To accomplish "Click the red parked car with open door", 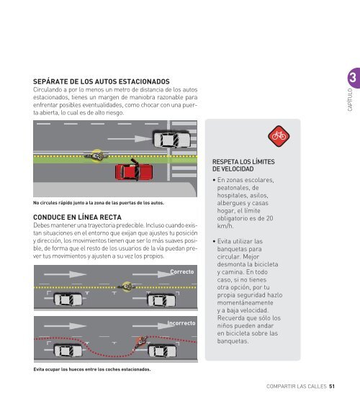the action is coord(134,171).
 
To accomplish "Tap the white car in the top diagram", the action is coord(172,139).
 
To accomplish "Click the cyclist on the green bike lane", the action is coord(96,156).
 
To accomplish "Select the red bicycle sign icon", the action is coord(279,136).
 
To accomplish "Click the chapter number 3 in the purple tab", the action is coord(353,78).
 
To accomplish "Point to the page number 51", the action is coord(332,386).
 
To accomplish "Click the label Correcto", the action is coord(182,271).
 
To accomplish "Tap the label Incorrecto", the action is coord(181,323).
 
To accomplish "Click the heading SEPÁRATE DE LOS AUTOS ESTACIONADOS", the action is coord(102,81).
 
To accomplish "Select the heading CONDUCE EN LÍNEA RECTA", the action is coord(77,217).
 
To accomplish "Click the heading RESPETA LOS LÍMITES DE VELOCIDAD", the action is coord(243,165).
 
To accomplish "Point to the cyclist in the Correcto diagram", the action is coord(126,287).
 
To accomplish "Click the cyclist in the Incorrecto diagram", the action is coord(140,342).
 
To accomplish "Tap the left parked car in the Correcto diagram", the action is coord(68,299).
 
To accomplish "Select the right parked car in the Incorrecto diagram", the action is coord(162,351).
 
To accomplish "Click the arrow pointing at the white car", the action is coord(130,139).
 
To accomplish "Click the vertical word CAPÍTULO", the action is coord(350,100).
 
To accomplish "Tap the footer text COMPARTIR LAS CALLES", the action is coord(297,386).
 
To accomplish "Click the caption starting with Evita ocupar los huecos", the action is coord(92,369).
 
